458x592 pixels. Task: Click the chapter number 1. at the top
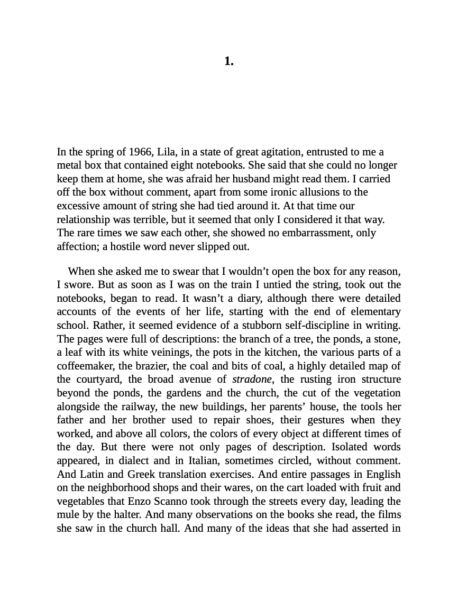[x=228, y=61]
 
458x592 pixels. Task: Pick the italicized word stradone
[x=252, y=380]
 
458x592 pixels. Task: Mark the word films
[x=389, y=515]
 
